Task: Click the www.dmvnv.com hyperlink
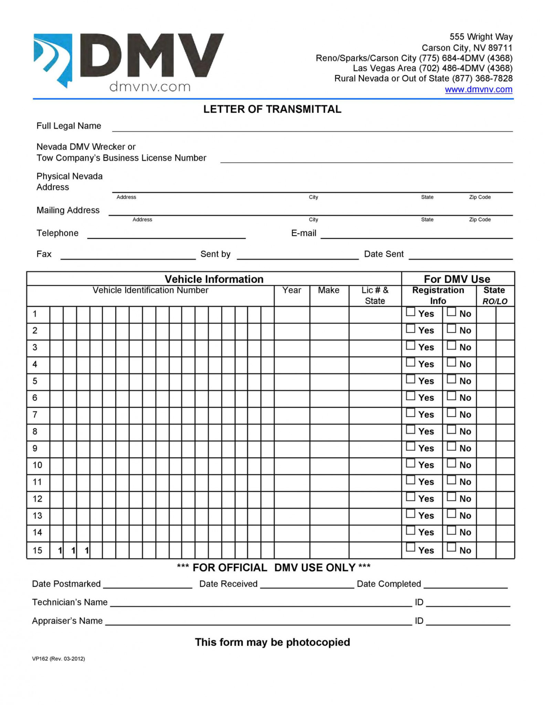tap(478, 90)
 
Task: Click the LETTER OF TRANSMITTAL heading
tap(272, 109)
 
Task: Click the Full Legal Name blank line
tap(312, 128)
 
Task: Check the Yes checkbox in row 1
tap(410, 312)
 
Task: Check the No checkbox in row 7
tap(451, 413)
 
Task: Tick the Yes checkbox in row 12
tap(410, 497)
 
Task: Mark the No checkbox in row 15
tap(451, 547)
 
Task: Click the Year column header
tap(292, 290)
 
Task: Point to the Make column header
tap(328, 290)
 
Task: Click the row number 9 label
tap(35, 448)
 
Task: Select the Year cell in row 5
tap(292, 381)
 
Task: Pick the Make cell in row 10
tap(329, 465)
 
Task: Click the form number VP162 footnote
tap(58, 659)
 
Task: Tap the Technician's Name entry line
tap(261, 603)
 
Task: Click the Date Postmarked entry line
tap(147, 585)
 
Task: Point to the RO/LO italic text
tap(495, 302)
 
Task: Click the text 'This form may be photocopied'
tap(272, 642)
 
